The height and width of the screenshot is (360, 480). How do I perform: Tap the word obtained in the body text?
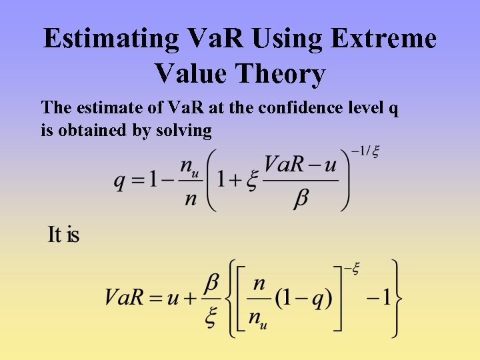point(93,130)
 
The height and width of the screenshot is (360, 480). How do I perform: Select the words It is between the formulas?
point(64,235)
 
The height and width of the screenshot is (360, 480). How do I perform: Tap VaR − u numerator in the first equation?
point(301,164)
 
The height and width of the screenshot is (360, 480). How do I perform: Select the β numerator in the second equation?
point(211,283)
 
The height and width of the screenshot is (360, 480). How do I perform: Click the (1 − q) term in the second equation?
point(303,297)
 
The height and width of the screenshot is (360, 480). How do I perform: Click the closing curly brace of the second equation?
point(397,297)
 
